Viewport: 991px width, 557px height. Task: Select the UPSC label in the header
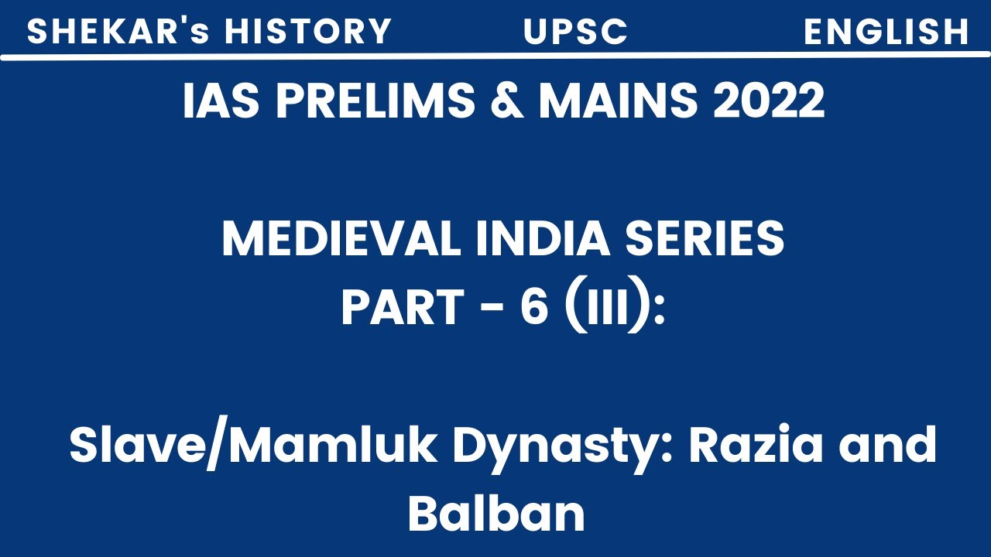coord(576,32)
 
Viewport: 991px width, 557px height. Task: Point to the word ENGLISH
coord(886,32)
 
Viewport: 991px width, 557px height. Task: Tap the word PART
coord(400,308)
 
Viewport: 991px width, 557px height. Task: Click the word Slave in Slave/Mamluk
coord(124,447)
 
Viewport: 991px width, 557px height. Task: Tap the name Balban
coord(495,514)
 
